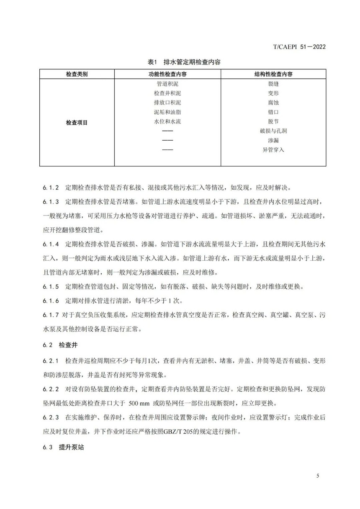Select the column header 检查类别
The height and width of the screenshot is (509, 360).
[x=77, y=74]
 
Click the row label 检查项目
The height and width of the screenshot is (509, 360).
[x=77, y=123]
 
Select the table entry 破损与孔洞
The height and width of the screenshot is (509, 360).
[x=273, y=131]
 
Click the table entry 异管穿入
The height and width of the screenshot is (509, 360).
[x=273, y=150]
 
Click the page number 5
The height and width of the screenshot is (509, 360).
[x=318, y=476]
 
